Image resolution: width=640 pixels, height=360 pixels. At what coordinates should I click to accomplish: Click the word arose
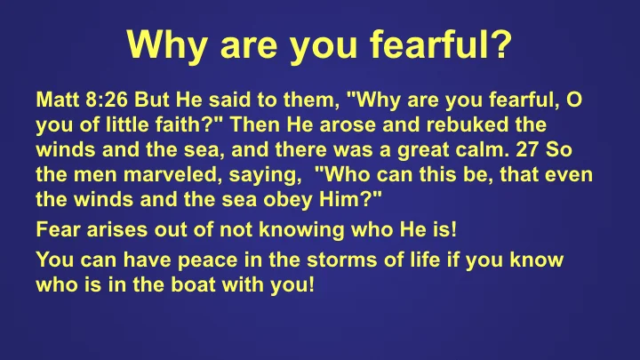click(360, 123)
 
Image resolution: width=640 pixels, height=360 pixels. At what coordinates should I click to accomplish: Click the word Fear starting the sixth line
click(57, 229)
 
